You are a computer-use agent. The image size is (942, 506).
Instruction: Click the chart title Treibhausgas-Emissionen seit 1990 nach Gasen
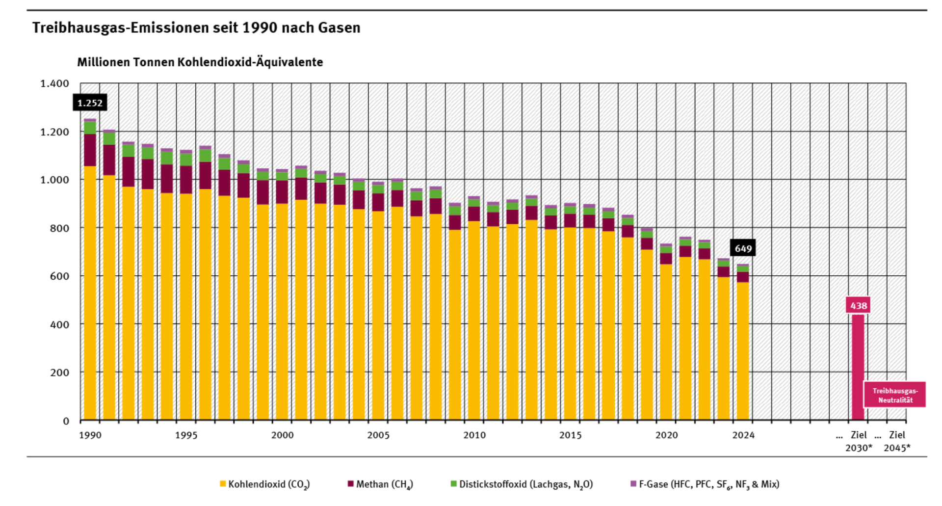click(x=196, y=28)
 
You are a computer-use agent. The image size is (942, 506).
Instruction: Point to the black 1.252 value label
click(x=90, y=103)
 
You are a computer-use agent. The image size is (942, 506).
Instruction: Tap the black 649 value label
click(x=743, y=248)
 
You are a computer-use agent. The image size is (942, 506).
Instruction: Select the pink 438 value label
click(x=858, y=305)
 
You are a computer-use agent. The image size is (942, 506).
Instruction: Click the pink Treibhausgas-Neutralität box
click(x=894, y=395)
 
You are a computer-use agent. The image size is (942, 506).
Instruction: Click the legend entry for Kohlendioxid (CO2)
click(x=265, y=484)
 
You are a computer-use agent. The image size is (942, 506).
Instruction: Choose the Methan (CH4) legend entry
click(x=380, y=484)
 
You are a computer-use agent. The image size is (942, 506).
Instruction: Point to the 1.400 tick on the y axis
click(x=54, y=83)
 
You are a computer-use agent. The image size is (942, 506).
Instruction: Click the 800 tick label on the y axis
click(x=59, y=228)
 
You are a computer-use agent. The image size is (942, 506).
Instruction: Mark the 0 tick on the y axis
click(x=66, y=421)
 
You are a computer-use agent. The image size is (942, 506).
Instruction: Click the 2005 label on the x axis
click(x=378, y=435)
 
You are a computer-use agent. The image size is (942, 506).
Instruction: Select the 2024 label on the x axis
click(x=743, y=435)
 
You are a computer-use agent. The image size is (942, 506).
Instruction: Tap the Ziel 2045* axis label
click(x=897, y=441)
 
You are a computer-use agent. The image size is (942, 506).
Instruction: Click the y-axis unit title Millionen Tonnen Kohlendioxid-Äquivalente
click(x=200, y=62)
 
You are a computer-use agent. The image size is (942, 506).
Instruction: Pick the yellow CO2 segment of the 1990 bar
click(x=90, y=294)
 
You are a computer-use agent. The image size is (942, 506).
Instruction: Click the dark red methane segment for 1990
click(x=90, y=150)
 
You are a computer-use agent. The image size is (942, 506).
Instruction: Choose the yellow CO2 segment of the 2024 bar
click(x=743, y=351)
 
